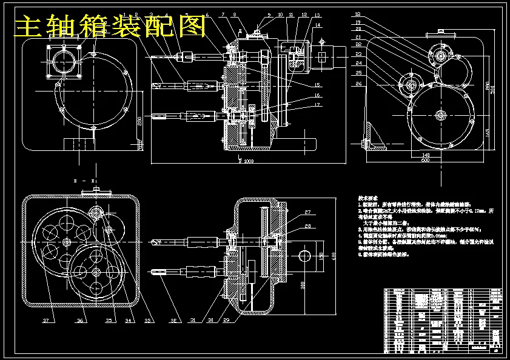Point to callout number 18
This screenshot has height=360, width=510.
coord(358,13)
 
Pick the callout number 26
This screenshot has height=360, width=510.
coord(358,83)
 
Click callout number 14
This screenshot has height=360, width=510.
coord(317,25)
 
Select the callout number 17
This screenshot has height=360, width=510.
coord(317,105)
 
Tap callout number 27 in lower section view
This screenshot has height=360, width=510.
coord(307,212)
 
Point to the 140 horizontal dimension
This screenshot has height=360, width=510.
coord(426,155)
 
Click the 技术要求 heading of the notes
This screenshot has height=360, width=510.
coord(367,198)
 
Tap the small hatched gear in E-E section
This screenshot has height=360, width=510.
coord(97,215)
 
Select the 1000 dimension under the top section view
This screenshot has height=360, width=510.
coord(247,162)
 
